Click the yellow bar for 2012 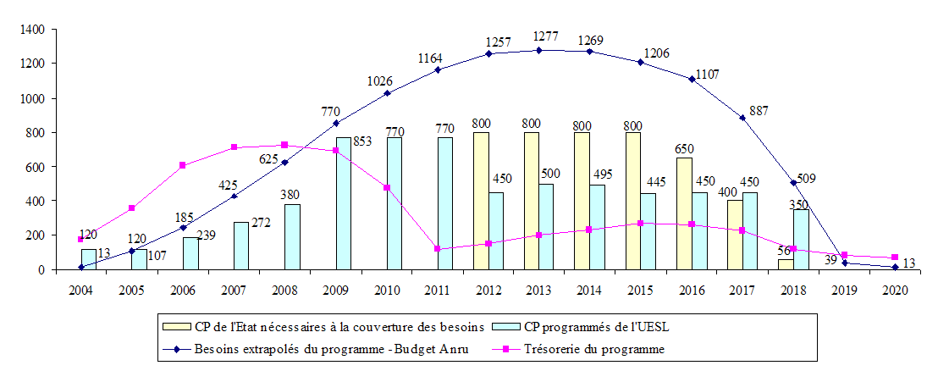point(482,201)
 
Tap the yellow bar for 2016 point(685,213)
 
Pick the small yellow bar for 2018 point(786,264)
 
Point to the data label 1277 point(538,36)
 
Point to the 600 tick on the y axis point(35,167)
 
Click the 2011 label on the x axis point(437,291)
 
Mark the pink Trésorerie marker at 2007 point(234,147)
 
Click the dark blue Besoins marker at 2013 point(538,50)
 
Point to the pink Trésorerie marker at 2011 point(437,249)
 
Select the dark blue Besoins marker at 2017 point(742,118)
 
